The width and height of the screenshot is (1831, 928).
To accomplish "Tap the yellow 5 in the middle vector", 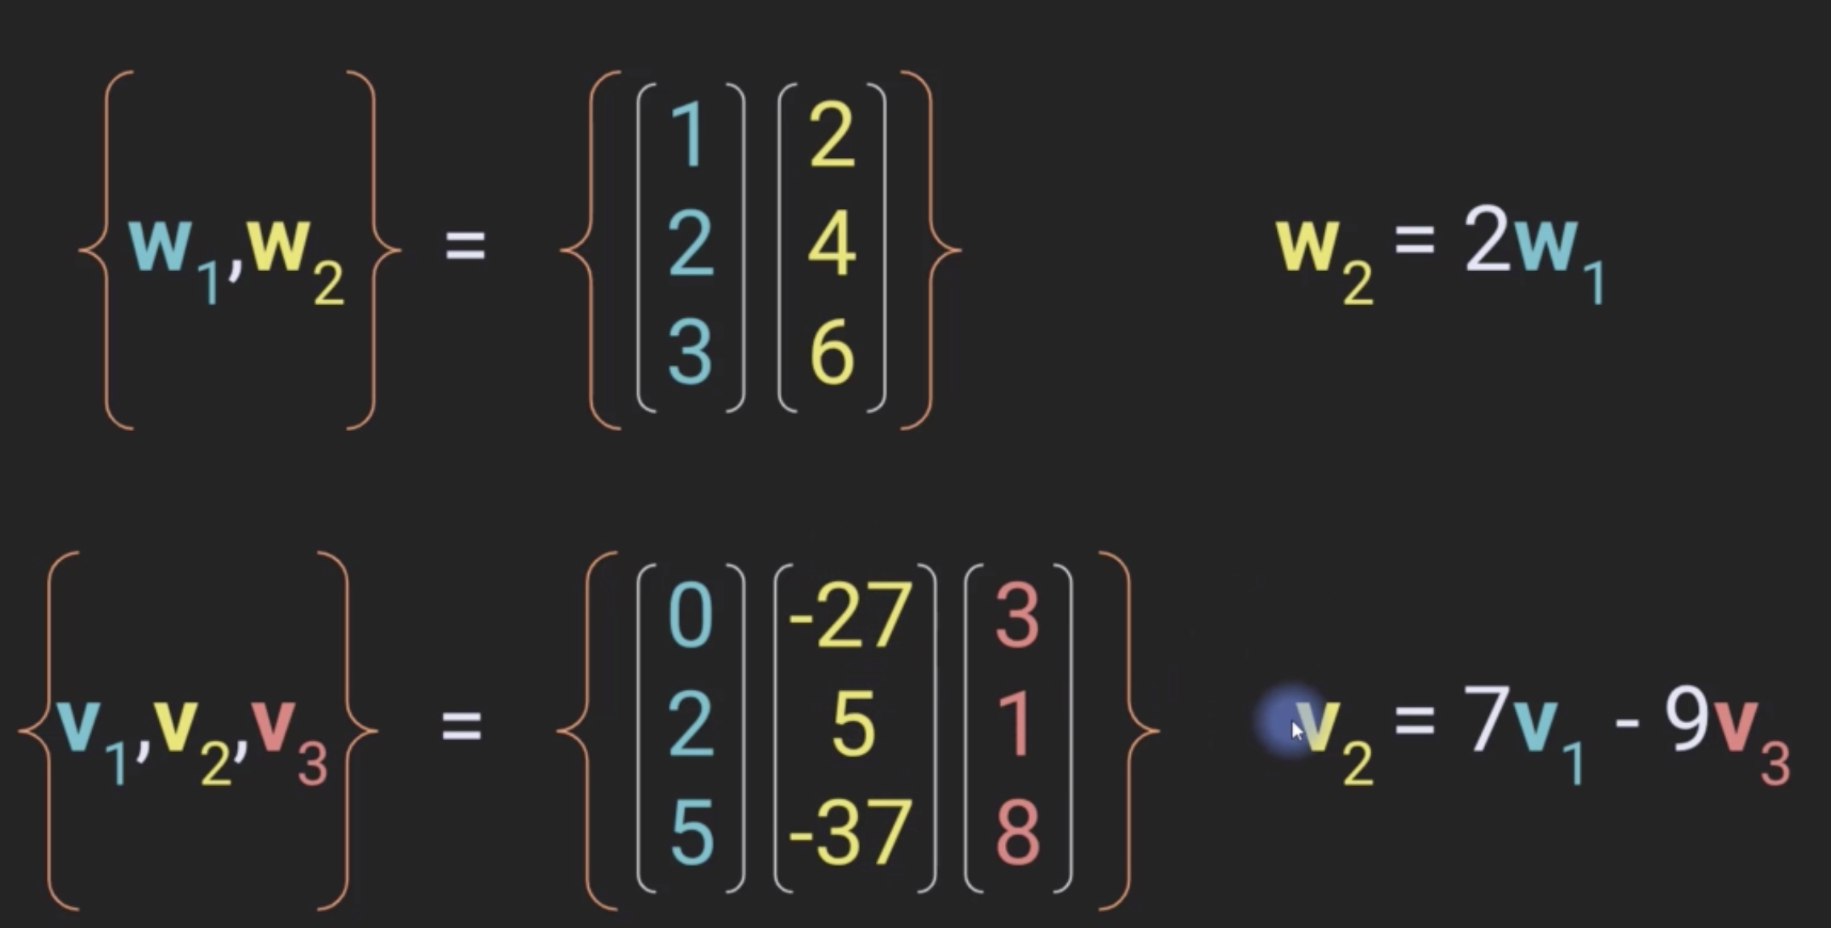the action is [853, 724].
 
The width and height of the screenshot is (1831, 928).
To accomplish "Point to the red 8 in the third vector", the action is [1017, 832].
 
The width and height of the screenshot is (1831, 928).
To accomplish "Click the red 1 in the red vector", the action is [1017, 724].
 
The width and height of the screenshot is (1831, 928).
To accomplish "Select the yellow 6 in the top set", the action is [832, 352].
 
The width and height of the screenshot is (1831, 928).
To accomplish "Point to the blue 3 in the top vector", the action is [690, 352].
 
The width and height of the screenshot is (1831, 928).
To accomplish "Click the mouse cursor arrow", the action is [1296, 729].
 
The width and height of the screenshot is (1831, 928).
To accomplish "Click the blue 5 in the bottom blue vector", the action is [691, 832].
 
